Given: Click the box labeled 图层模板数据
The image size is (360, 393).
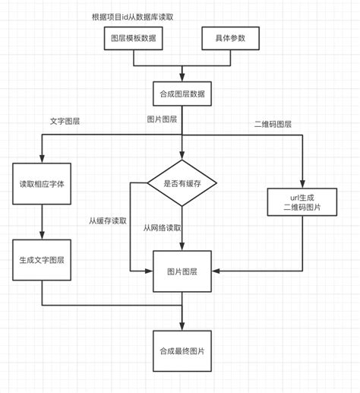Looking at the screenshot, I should (x=133, y=39).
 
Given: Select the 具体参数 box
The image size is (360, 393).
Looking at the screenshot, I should (x=231, y=39).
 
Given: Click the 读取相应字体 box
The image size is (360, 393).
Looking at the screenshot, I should (x=42, y=184).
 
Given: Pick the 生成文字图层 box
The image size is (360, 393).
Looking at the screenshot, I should (x=42, y=259).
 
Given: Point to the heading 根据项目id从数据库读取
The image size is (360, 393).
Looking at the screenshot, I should (x=133, y=15).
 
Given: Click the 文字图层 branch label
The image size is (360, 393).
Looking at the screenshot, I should (x=66, y=120).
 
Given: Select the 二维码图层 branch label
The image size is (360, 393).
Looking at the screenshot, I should (x=273, y=124).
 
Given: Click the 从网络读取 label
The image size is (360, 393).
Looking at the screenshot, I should (x=163, y=227).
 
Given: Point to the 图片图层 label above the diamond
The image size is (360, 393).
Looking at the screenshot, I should (x=162, y=119).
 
